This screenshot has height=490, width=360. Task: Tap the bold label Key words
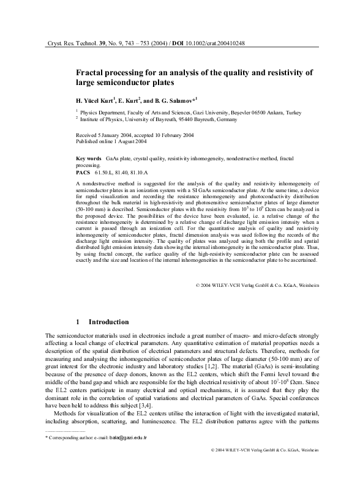click(x=88, y=158)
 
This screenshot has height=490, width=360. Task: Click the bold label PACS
click(x=83, y=173)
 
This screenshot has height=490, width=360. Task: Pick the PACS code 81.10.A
click(x=152, y=173)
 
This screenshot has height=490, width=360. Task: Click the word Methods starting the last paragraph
click(x=69, y=431)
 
